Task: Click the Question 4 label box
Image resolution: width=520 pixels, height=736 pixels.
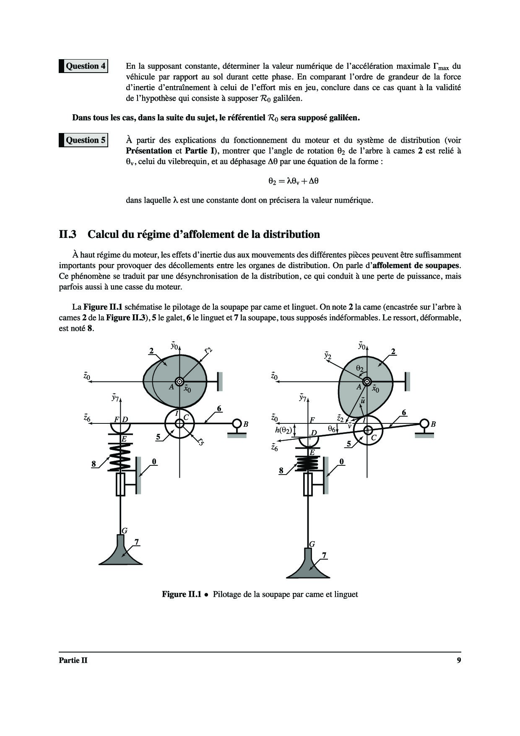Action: point(84,66)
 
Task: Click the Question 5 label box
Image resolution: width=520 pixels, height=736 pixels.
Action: point(84,140)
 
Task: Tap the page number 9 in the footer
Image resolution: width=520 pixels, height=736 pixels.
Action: point(459,660)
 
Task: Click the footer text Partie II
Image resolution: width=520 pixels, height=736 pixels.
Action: point(73,660)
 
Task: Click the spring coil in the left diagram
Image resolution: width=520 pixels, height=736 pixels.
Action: point(120,457)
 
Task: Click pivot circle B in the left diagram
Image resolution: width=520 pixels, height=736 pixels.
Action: point(237,424)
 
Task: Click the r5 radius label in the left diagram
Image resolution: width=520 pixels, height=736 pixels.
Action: point(201,441)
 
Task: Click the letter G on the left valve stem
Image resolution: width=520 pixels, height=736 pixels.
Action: point(125,531)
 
